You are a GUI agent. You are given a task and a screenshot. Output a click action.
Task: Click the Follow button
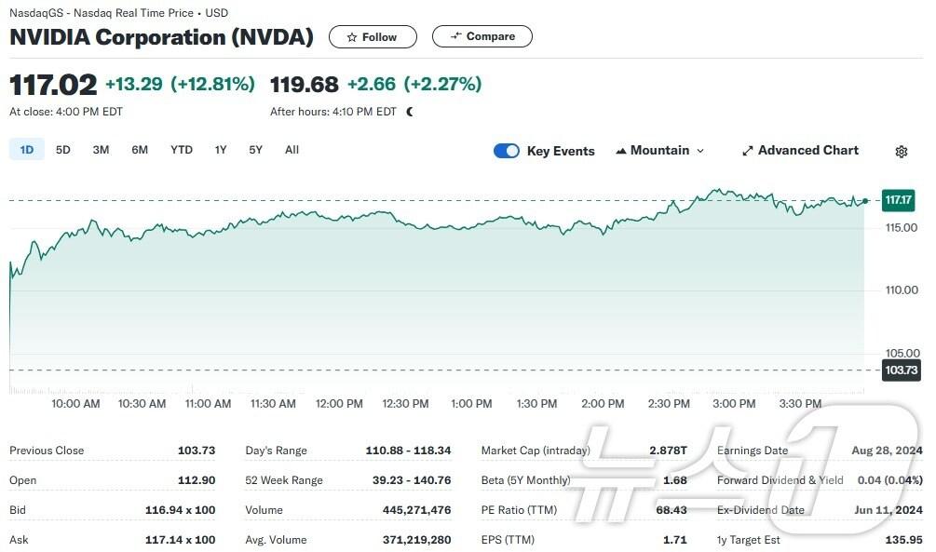(x=373, y=37)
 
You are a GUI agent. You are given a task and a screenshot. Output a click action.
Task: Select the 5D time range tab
(x=63, y=150)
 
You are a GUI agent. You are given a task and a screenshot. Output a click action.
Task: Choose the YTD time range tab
(x=182, y=150)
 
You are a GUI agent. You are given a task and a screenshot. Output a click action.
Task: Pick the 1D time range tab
(x=27, y=150)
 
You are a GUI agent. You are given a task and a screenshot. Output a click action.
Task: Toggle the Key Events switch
(x=507, y=151)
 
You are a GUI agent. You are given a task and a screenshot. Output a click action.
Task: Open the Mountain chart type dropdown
(x=659, y=151)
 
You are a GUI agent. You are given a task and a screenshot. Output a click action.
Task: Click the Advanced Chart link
(x=800, y=151)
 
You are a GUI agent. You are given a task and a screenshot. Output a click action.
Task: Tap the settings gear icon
(x=902, y=152)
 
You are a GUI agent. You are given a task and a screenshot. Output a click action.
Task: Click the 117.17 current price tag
(x=899, y=200)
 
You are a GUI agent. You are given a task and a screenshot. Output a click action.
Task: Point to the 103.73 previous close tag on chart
(x=900, y=370)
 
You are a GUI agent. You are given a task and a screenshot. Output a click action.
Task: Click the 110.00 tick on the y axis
(x=901, y=289)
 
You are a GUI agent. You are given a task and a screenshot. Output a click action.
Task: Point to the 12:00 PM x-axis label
(x=339, y=404)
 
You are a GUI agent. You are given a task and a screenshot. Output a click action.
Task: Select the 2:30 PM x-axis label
(x=669, y=404)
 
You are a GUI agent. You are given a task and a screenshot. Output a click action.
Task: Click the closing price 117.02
(x=53, y=85)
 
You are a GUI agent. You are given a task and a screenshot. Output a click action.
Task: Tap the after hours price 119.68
(x=305, y=85)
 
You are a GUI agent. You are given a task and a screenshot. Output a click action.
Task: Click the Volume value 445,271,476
(x=416, y=510)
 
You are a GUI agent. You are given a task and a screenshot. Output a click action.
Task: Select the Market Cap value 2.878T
(x=668, y=451)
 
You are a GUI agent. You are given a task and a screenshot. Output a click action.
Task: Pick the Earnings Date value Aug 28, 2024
(x=887, y=451)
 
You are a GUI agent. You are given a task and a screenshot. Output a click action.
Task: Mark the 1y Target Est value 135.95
(x=902, y=540)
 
